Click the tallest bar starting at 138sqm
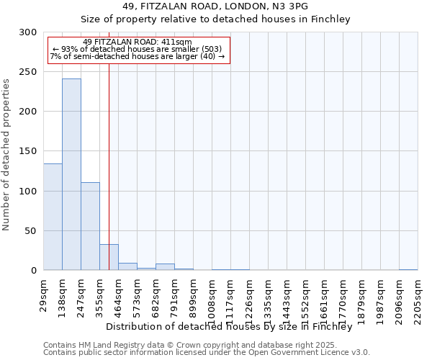coord(71,174)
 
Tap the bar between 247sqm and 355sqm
coord(90,226)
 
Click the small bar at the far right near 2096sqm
coord(408,269)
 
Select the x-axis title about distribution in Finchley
coord(233,326)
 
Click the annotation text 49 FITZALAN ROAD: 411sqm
coord(138,42)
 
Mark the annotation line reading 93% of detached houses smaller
coord(138,50)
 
